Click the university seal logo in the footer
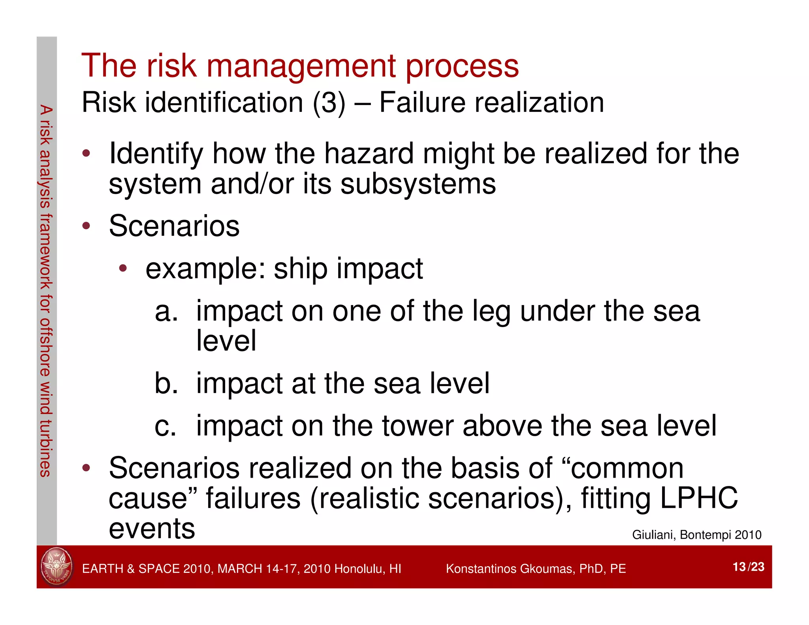(x=57, y=567)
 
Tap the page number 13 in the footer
(x=739, y=567)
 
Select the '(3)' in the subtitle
(x=329, y=103)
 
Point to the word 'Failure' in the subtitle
(x=422, y=103)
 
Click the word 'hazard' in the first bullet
(x=369, y=154)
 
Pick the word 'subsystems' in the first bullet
(x=418, y=184)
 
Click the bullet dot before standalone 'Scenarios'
(x=86, y=226)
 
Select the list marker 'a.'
(x=166, y=311)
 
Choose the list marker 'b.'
(x=166, y=383)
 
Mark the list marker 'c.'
(x=165, y=426)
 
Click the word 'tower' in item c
(x=417, y=426)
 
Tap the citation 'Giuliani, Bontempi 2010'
(x=696, y=535)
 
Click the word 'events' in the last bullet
(x=152, y=529)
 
